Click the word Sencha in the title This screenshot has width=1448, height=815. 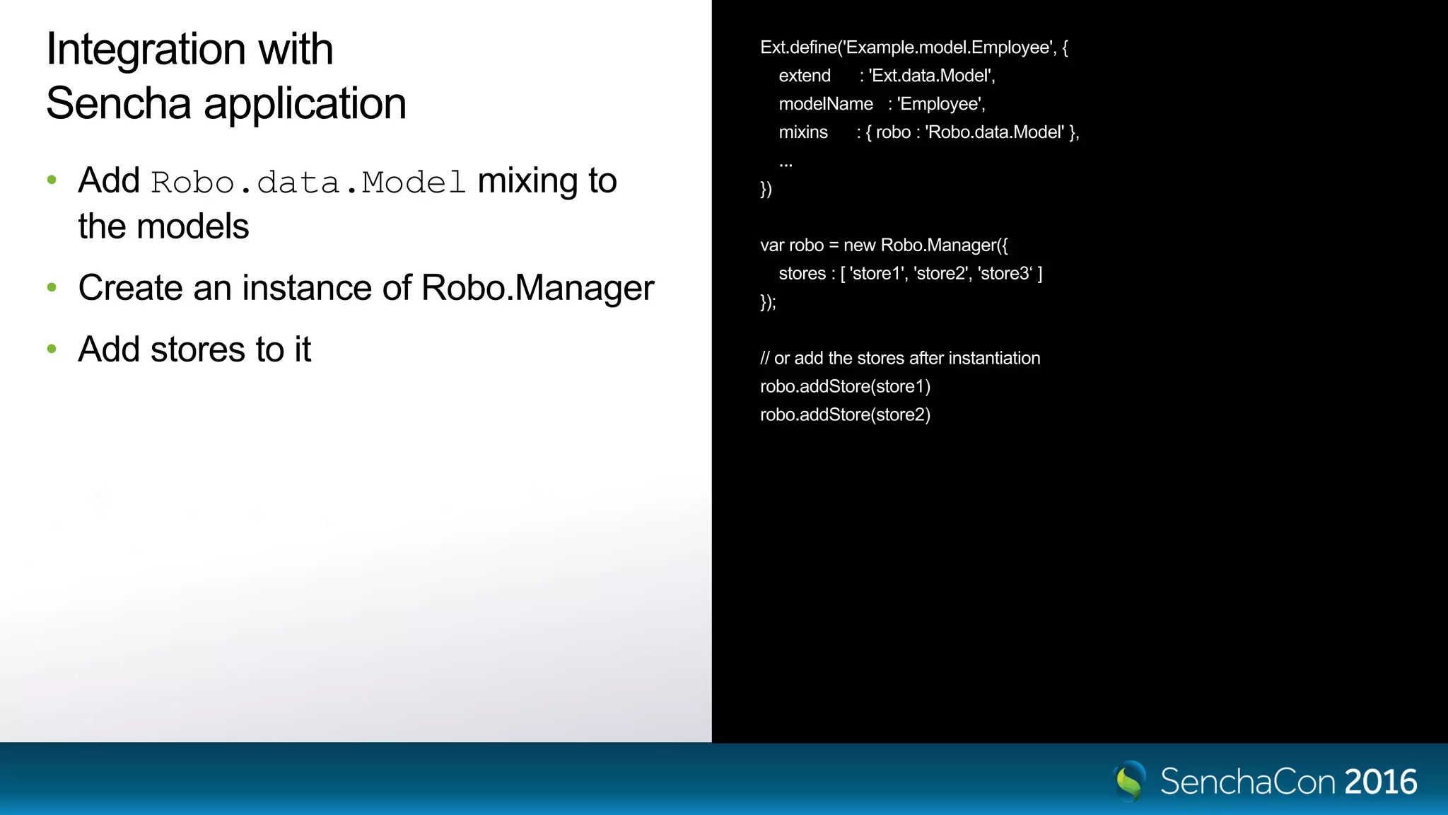119,104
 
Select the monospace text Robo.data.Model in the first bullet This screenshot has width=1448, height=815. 308,183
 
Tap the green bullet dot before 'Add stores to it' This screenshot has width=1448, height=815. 52,349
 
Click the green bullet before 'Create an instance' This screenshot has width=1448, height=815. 52,287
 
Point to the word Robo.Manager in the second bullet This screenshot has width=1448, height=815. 537,288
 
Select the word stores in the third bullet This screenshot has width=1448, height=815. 197,349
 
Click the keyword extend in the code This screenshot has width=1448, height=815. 805,76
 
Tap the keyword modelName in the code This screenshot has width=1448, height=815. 826,104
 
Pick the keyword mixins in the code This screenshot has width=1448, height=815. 803,132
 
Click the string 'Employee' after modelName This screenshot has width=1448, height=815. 940,104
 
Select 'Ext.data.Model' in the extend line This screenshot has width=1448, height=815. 931,76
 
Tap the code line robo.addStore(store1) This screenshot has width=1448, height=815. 845,386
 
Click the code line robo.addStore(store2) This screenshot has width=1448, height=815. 845,415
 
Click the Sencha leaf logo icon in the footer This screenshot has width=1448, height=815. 1130,780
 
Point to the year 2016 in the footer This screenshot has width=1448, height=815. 1380,782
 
